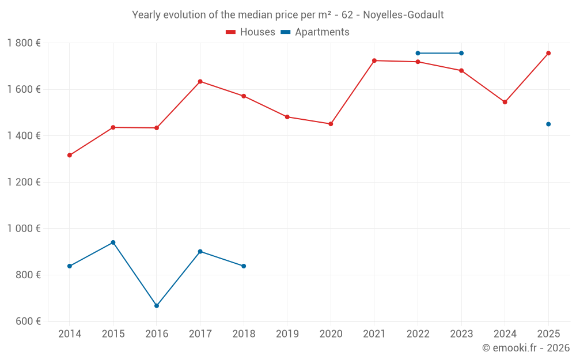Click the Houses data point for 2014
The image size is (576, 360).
[x=70, y=155]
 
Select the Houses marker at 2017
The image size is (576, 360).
[x=200, y=81]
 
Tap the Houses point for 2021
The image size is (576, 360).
[x=374, y=60]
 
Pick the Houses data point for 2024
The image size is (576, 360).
[x=505, y=102]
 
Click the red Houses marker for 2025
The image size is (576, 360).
[x=548, y=53]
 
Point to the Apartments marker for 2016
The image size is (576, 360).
[x=157, y=306]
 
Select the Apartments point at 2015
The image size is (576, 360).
[x=113, y=242]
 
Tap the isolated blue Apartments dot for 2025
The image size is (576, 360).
[x=548, y=124]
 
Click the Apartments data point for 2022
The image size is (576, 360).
[x=418, y=53]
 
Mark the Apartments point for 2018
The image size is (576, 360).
[x=244, y=266]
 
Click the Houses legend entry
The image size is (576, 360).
[x=251, y=32]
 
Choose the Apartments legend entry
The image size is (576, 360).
[x=315, y=32]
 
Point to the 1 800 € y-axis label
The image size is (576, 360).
[x=24, y=43]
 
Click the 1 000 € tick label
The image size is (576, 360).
[x=24, y=228]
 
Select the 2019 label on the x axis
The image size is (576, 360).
[x=287, y=334]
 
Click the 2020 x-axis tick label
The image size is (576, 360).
[x=331, y=334]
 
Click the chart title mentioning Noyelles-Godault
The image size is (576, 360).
[x=288, y=15]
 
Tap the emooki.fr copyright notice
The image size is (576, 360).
[x=525, y=348]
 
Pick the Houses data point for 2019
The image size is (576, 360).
[x=287, y=117]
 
